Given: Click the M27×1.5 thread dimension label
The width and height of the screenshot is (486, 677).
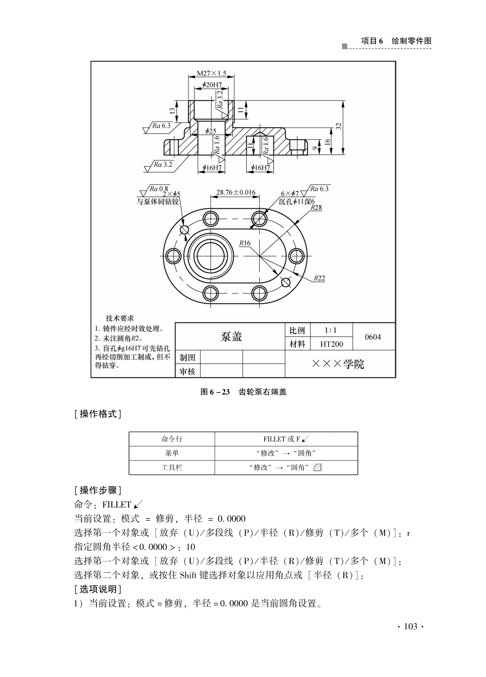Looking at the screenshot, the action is click(211, 73).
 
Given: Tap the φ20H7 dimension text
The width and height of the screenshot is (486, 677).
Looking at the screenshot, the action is click(212, 85).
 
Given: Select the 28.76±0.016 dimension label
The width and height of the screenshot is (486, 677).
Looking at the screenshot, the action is click(236, 192).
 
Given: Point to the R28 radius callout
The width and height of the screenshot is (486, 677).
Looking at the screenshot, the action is click(317, 208).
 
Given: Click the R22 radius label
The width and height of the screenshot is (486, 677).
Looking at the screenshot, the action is click(319, 278).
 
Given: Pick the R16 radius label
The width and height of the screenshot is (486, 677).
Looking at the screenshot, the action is click(245, 243).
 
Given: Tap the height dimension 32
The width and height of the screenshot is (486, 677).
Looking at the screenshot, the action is click(339, 126).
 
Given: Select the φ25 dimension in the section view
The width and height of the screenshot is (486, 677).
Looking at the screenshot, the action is click(211, 131).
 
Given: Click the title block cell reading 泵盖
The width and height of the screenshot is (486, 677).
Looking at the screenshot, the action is click(231, 336).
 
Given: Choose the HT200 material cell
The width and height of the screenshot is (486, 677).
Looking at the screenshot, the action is click(332, 344).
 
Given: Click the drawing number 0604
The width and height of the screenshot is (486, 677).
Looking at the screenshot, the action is click(373, 337).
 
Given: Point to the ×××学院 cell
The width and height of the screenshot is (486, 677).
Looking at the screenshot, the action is click(339, 364).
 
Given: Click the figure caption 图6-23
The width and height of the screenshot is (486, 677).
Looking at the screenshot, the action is click(215, 392).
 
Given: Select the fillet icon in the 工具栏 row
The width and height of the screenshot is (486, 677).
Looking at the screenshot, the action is click(317, 467).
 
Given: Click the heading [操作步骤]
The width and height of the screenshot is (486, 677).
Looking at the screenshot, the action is click(97, 490).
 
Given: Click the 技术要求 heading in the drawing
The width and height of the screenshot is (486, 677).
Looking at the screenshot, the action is click(120, 318).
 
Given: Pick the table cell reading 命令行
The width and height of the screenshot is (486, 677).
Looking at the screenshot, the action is click(172, 439).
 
